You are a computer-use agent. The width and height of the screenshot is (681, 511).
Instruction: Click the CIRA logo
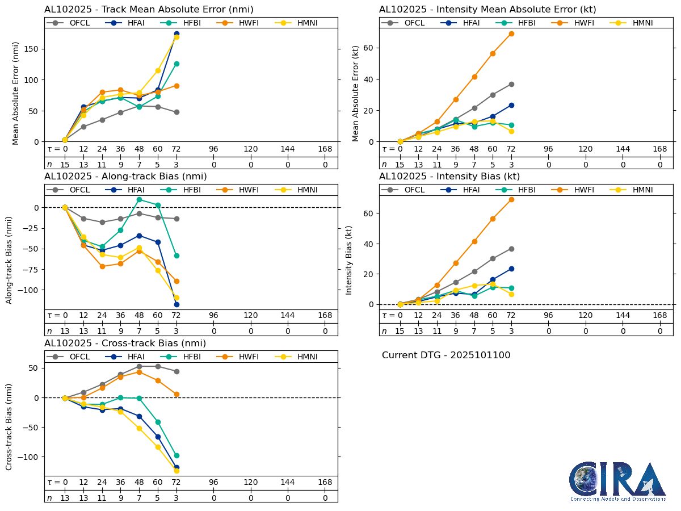618,481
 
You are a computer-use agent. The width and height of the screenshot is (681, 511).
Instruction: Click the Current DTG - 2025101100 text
446,355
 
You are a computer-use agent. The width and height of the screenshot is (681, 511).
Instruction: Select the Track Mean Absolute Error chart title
149,9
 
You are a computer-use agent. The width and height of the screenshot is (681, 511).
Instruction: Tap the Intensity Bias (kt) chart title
449,177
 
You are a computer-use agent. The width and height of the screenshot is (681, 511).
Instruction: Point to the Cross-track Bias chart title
125,344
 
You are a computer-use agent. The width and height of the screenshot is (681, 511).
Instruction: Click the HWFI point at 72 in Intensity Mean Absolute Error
511,33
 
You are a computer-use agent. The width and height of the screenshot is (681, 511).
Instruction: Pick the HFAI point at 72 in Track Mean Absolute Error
176,33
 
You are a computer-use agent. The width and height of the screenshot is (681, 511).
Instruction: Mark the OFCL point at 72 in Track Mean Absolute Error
176,112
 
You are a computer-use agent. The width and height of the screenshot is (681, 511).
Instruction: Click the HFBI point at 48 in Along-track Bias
139,199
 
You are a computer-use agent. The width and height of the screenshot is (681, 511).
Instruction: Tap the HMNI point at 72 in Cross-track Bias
176,471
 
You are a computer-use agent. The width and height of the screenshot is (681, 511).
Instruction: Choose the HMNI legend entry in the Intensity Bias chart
636,190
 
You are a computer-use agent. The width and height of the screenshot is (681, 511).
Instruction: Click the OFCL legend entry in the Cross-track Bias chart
73,357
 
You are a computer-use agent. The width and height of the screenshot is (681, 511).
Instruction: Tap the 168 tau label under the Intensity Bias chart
660,315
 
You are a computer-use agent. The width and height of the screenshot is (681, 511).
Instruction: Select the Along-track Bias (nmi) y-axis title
9,259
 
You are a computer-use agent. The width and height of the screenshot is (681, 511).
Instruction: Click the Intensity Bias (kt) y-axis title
349,259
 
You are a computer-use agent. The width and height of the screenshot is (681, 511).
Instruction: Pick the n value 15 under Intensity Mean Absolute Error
400,165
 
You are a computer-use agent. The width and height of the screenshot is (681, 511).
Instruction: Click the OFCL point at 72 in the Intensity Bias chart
511,249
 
